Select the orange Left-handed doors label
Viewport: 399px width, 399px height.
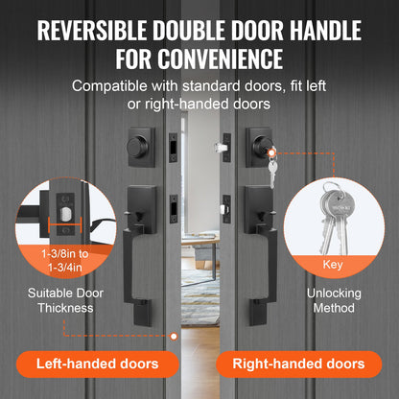(99, 364)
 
